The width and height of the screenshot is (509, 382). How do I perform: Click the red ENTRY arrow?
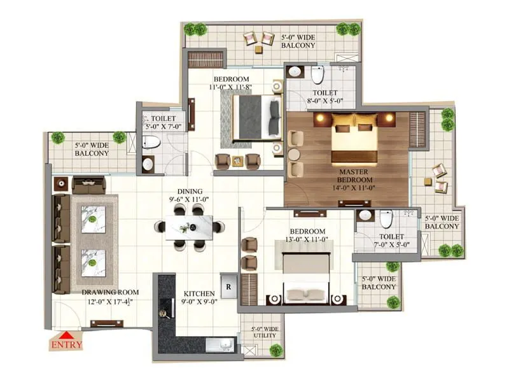(x=66, y=336)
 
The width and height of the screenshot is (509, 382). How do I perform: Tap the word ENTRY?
(x=66, y=346)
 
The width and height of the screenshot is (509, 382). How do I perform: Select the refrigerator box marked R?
(x=228, y=283)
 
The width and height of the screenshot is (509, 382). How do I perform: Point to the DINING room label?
(x=190, y=191)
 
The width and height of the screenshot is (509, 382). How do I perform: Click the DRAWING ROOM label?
(x=110, y=293)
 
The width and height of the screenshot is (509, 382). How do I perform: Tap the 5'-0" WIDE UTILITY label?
(x=261, y=333)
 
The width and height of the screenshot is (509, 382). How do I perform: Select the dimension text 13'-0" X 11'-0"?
(x=308, y=239)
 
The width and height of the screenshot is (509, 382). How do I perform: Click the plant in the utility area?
(x=275, y=350)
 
